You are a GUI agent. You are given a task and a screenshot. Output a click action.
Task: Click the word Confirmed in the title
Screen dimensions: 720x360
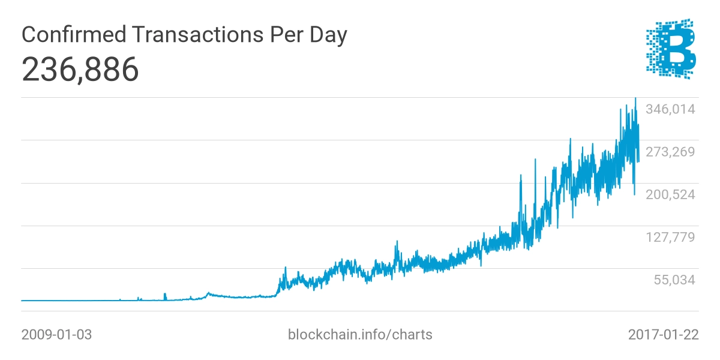pyautogui.click(x=74, y=34)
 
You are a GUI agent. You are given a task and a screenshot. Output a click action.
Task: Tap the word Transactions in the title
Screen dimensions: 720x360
pyautogui.click(x=197, y=34)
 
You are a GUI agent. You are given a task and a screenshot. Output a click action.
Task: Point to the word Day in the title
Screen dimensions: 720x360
pyautogui.click(x=328, y=35)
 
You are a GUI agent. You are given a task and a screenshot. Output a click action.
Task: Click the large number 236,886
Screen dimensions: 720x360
pyautogui.click(x=80, y=70)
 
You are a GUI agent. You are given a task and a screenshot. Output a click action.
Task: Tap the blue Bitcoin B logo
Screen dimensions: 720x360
pyautogui.click(x=671, y=49)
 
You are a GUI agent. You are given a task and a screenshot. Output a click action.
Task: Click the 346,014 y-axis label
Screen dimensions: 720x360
pyautogui.click(x=671, y=109)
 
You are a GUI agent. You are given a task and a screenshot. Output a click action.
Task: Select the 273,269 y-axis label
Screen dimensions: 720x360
pyautogui.click(x=671, y=152)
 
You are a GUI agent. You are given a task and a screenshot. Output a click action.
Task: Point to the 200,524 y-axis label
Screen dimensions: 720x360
pyautogui.click(x=671, y=194)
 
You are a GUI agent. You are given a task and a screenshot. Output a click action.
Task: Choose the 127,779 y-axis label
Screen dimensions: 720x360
pyautogui.click(x=671, y=237)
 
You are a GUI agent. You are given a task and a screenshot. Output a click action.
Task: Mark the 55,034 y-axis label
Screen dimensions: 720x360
pyautogui.click(x=674, y=280)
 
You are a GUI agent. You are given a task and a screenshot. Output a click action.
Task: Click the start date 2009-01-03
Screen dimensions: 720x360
pyautogui.click(x=56, y=335)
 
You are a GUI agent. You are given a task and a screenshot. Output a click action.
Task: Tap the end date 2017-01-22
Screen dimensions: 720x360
pyautogui.click(x=664, y=335)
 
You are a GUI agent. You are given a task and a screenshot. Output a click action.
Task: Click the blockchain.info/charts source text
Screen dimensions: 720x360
pyautogui.click(x=360, y=335)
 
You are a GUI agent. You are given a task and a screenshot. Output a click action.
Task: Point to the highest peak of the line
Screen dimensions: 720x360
pyautogui.click(x=635, y=98)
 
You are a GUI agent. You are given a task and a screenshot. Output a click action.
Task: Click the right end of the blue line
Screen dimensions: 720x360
pyautogui.click(x=638, y=161)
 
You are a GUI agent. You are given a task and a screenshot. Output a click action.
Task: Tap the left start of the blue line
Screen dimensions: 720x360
pyautogui.click(x=22, y=301)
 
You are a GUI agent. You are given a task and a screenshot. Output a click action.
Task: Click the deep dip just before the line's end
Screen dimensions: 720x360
pyautogui.click(x=635, y=194)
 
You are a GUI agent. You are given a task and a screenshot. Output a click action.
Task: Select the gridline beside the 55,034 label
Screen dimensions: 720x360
pyautogui.click(x=360, y=268)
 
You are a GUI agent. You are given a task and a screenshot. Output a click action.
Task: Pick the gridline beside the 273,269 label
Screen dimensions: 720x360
pyautogui.click(x=360, y=140)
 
